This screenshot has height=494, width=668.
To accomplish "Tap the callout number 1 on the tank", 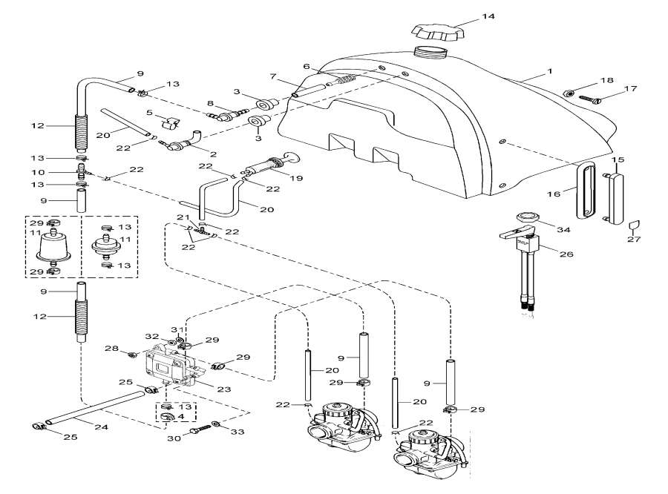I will point(550,71).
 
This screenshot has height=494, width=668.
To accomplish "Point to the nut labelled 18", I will point(568,93).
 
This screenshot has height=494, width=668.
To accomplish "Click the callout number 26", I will point(567,254).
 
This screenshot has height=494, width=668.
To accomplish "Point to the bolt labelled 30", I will point(198,429).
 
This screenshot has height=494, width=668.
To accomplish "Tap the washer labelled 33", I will point(216,424).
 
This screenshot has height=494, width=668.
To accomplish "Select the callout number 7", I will point(273,77).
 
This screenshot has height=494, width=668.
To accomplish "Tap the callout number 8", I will point(190,103).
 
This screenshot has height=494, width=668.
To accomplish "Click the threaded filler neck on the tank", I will point(430,54).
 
